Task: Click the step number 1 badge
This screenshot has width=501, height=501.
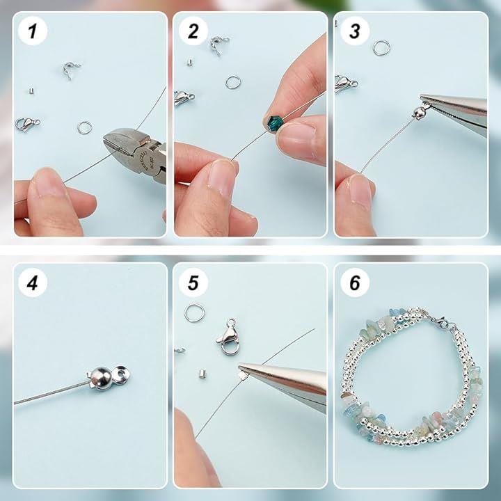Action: (33, 31)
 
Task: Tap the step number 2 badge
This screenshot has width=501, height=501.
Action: (193, 31)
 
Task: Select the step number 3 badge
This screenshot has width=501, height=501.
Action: (355, 31)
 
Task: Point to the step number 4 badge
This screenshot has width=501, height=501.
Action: (33, 283)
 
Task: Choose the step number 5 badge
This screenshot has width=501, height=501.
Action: (193, 283)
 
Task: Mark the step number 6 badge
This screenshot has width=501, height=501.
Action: (355, 283)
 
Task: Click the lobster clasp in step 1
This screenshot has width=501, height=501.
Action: (26, 124)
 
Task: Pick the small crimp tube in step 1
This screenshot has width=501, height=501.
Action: (31, 91)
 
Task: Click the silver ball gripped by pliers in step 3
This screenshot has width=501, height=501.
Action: (419, 112)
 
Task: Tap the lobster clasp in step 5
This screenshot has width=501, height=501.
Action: (228, 336)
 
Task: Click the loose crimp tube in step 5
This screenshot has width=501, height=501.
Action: (202, 374)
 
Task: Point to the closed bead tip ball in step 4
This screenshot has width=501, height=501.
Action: (100, 378)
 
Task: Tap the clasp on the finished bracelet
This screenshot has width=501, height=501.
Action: (437, 320)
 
